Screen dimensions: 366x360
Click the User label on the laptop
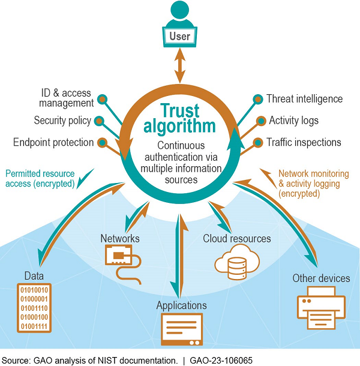179,37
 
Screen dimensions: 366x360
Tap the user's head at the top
179,11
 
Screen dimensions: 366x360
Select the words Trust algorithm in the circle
179,119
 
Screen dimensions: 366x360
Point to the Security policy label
62,121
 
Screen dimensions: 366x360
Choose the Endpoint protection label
53,142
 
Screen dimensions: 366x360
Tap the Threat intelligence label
304,98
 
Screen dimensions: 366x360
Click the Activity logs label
293,121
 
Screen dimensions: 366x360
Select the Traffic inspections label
304,142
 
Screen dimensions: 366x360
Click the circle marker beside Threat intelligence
257,98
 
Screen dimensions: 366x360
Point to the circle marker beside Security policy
100,121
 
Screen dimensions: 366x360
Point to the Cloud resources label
237,238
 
